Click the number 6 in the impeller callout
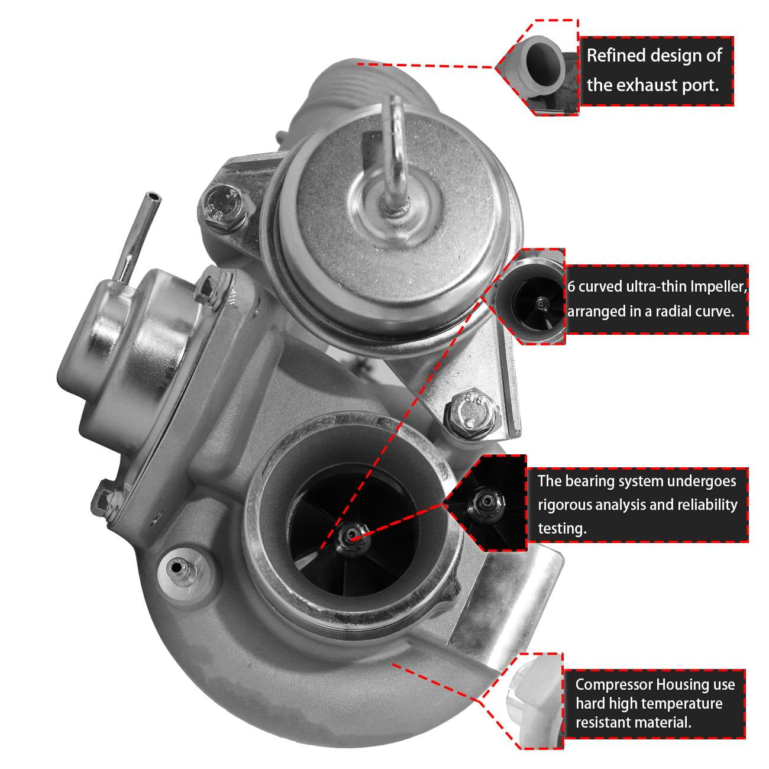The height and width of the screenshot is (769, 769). [571, 287]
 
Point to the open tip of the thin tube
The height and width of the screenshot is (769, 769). [153, 196]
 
